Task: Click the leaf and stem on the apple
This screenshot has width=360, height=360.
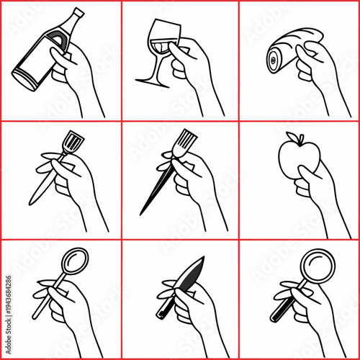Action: click(292, 137)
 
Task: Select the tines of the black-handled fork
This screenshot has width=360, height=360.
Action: click(186, 140)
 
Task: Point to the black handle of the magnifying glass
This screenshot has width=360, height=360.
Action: click(278, 312)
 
